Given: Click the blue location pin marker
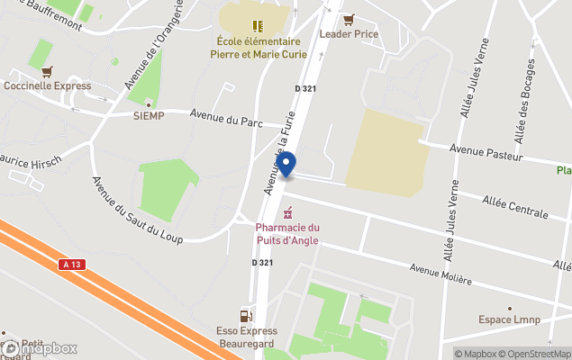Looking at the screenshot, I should click(286, 165).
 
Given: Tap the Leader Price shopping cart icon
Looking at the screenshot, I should click(349, 19).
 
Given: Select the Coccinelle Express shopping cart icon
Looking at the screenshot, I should click(47, 71).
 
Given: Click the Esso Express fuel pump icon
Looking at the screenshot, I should click(245, 316).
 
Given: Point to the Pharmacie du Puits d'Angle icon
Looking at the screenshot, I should click(287, 213).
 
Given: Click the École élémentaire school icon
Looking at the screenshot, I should click(258, 26).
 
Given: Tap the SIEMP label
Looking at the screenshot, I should click(149, 115).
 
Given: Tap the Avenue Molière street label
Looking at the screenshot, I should click(440, 274).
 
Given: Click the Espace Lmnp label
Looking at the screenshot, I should click(507, 319).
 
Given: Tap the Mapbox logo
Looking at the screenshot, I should click(40, 348).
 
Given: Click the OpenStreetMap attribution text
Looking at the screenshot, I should click(536, 354).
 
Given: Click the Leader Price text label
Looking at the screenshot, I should click(349, 34).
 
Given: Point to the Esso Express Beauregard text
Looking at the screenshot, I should click(246, 337).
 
